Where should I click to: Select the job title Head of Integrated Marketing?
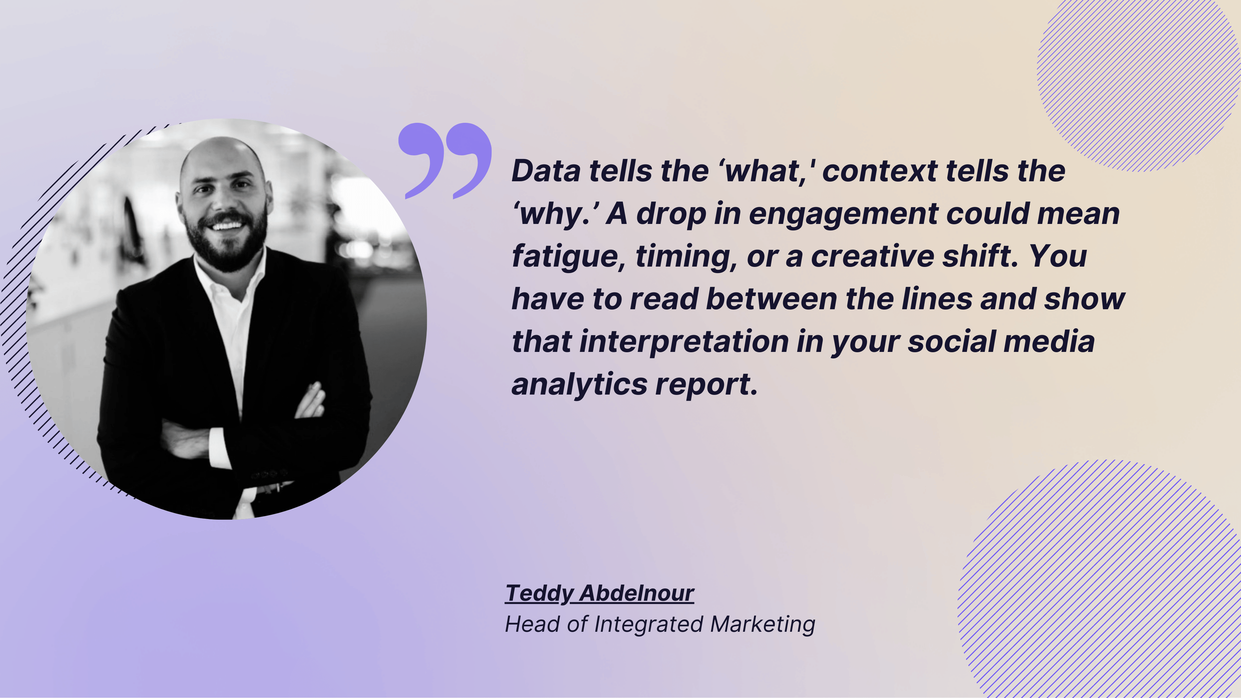pos(660,624)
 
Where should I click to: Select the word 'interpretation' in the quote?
pos(684,342)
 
